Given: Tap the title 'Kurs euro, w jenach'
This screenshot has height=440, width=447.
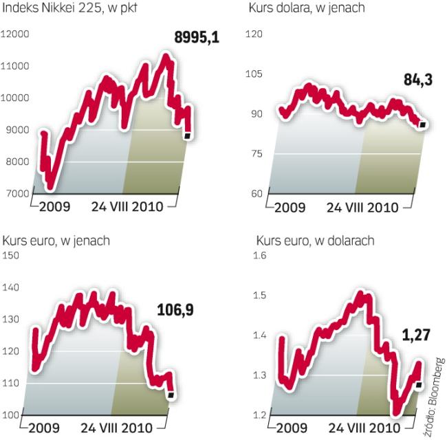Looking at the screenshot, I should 56,241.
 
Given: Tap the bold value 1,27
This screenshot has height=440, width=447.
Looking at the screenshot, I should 415,337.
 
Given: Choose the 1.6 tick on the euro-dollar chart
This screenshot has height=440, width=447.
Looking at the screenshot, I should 259,256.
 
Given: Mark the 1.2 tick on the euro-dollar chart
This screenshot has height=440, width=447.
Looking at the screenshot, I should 259,415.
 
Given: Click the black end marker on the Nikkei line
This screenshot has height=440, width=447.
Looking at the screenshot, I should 187,135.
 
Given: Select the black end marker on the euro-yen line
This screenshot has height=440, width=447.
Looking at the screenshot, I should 170,395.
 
